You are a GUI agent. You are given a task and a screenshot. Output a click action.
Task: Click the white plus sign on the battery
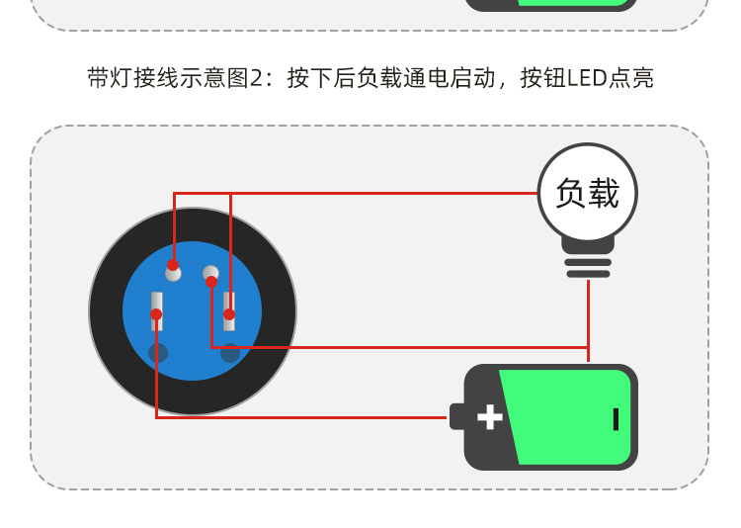[x=490, y=416]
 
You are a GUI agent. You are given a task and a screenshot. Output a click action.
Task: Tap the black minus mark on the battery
[x=616, y=418]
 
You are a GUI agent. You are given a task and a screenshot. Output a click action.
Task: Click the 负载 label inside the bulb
[x=588, y=194]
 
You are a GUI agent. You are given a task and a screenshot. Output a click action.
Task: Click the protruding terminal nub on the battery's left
[x=455, y=416]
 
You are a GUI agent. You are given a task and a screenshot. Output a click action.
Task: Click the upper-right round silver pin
[x=210, y=274]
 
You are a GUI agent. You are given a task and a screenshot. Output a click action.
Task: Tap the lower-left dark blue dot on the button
[x=158, y=352]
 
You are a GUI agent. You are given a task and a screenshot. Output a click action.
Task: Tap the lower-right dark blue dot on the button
[x=230, y=352]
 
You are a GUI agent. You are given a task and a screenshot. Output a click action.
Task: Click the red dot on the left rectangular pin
[x=156, y=314]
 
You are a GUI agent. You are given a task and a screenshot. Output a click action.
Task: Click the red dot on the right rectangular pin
[x=228, y=314]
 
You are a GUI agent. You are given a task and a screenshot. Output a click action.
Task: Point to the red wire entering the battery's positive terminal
[x=415, y=417]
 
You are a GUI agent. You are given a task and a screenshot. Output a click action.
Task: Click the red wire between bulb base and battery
[x=588, y=316]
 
